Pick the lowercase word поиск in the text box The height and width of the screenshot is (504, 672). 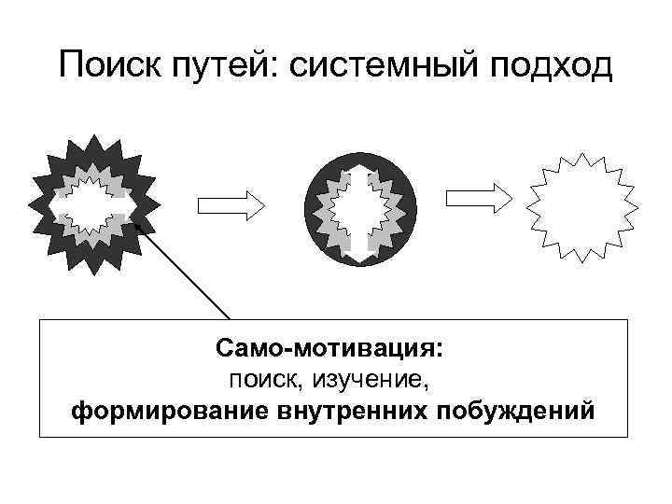click(261, 379)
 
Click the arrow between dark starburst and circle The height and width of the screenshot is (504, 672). click(230, 204)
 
